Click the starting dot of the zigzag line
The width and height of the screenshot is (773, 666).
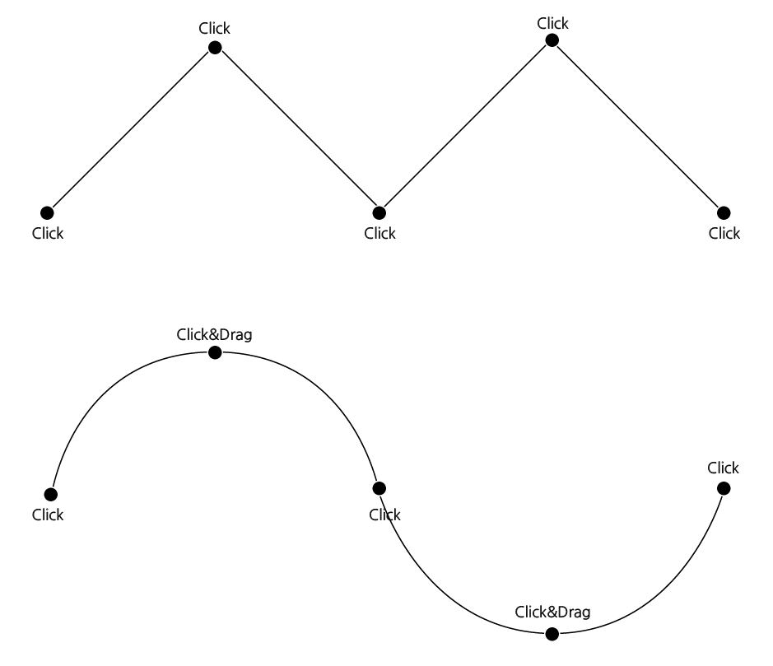(x=47, y=213)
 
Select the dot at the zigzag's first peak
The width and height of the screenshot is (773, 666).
(x=215, y=48)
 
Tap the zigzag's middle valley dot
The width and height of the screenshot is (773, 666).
(x=380, y=213)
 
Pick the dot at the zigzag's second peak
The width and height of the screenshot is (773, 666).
(x=552, y=40)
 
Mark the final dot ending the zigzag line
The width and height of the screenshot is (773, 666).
(x=724, y=213)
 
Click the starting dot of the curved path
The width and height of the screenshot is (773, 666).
(x=51, y=494)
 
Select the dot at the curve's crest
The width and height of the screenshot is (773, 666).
(x=215, y=352)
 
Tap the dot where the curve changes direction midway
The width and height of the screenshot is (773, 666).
(x=380, y=488)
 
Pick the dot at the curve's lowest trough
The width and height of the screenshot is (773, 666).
(x=552, y=633)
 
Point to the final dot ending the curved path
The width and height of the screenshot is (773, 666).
(x=724, y=488)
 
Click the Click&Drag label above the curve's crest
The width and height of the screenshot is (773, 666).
(x=214, y=334)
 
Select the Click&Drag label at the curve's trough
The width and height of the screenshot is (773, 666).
(x=552, y=612)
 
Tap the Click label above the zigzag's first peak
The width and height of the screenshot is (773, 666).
(x=214, y=28)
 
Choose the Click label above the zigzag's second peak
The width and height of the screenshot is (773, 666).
(x=552, y=23)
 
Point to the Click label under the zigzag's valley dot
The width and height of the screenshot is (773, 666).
(x=380, y=233)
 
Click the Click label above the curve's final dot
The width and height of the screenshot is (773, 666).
(x=723, y=468)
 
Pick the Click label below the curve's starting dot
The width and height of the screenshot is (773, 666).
(x=48, y=515)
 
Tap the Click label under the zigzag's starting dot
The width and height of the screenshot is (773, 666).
(x=48, y=233)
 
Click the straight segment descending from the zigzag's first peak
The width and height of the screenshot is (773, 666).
(x=297, y=130)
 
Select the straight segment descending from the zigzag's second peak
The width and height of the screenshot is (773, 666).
(x=638, y=127)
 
